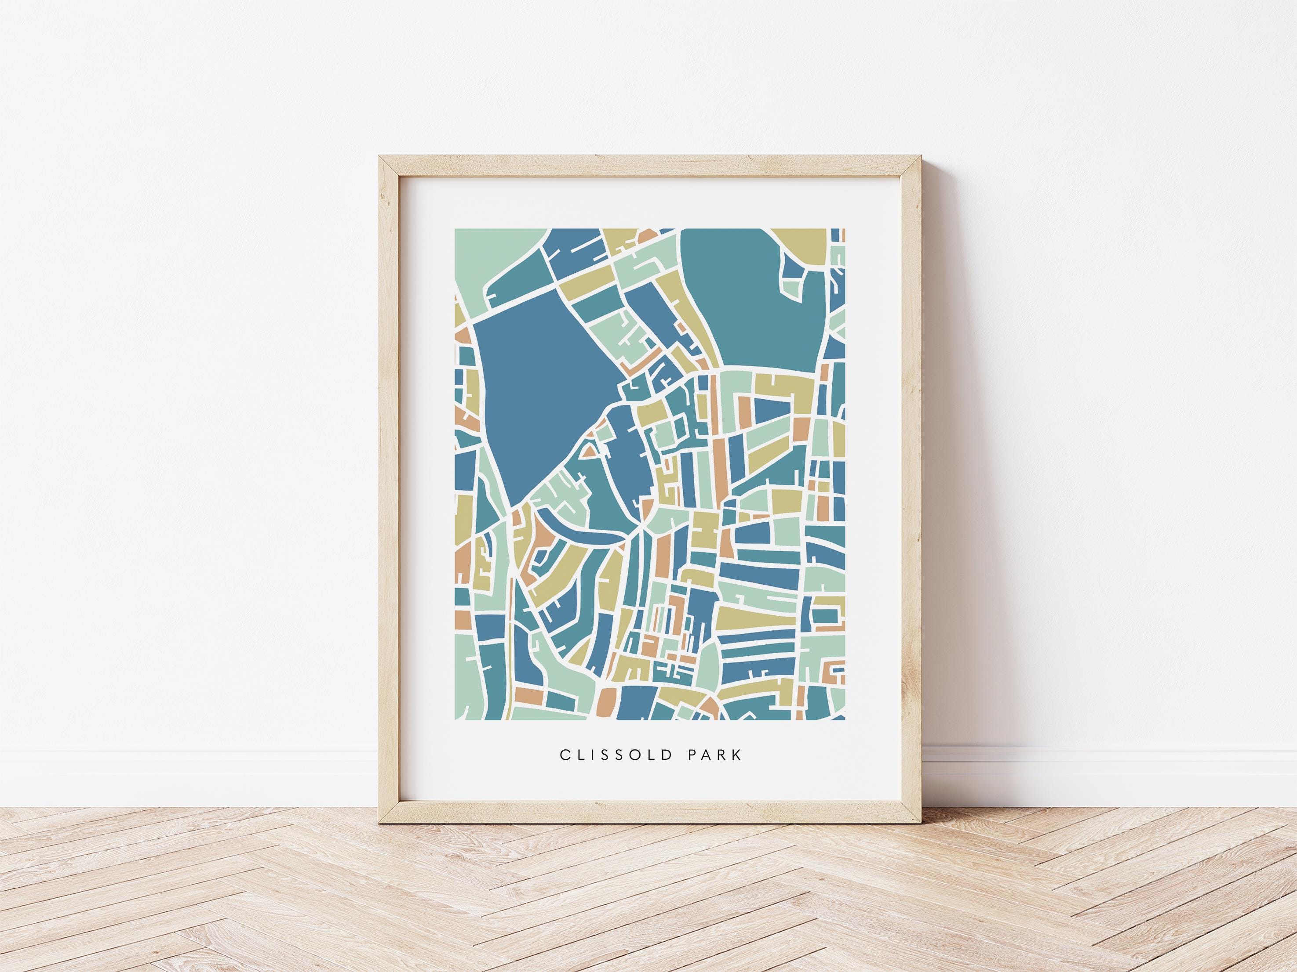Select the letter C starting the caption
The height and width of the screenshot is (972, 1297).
point(565,771)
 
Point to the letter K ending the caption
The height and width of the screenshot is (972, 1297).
point(738,771)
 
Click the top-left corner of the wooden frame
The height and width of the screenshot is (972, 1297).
point(381,157)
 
